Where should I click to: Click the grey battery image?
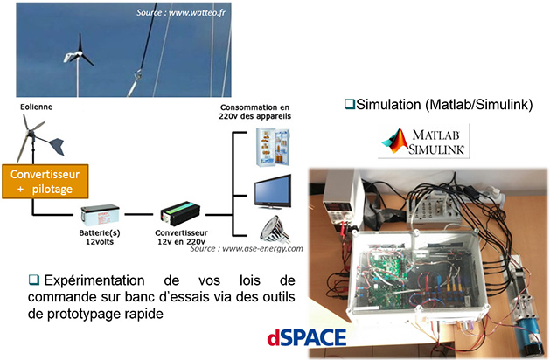pyautogui.click(x=101, y=215)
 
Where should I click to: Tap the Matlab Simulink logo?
pyautogui.click(x=426, y=141)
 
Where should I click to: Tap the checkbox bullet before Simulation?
pyautogui.click(x=348, y=105)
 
